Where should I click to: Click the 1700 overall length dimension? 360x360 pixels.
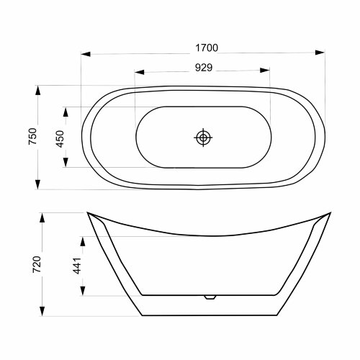coord(207,48)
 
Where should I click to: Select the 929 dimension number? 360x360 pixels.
coord(204,68)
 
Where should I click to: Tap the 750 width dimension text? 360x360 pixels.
coord(33,136)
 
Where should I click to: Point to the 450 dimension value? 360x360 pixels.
coord(60,139)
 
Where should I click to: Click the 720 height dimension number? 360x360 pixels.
coord(37,264)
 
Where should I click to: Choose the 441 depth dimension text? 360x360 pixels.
coord(77,266)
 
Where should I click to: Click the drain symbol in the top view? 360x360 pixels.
coord(203,138)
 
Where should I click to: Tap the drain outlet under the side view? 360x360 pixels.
coord(210,297)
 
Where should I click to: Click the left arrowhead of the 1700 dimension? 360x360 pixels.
coord(86,54)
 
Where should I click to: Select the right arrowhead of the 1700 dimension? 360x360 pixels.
coord(320,53)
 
